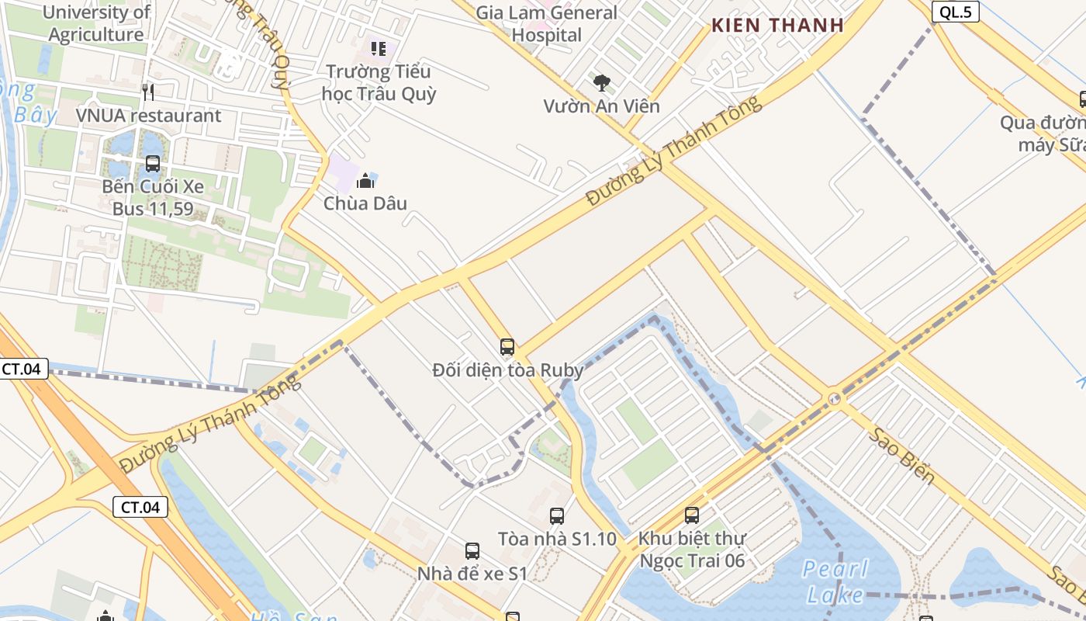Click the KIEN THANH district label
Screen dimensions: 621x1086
point(777,25)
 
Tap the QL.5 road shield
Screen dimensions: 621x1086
point(956,12)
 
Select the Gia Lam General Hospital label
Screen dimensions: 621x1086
point(546,24)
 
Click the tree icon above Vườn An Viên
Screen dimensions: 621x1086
point(601,82)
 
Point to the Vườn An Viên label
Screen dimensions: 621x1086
point(601,106)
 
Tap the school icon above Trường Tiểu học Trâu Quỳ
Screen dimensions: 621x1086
point(379,49)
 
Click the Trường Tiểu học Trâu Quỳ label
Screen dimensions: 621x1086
point(379,83)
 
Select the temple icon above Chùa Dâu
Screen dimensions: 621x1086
point(365,182)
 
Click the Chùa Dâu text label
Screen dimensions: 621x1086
point(365,204)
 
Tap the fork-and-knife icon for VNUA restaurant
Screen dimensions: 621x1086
point(148,92)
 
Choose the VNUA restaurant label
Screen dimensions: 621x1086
point(148,116)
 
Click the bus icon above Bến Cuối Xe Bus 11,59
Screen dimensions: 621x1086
point(152,164)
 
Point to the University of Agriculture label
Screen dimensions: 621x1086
point(96,24)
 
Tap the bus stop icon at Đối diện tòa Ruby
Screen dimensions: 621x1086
point(507,347)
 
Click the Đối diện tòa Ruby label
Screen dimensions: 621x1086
point(507,370)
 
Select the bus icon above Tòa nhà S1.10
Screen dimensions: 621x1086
point(556,515)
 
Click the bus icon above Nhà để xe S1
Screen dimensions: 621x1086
point(472,551)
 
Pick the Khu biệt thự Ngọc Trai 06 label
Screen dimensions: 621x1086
point(691,549)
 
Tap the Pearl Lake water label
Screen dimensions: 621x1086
point(835,582)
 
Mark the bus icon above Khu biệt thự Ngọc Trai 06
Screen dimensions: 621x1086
point(691,515)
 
